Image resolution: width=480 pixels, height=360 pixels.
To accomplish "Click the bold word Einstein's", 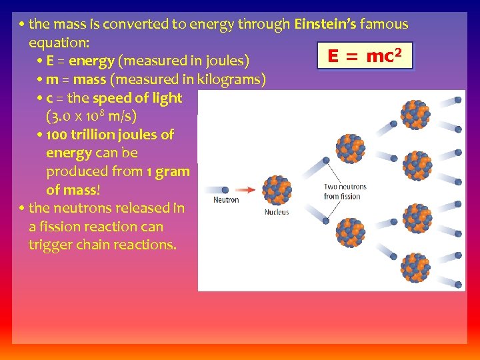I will (x=325, y=25).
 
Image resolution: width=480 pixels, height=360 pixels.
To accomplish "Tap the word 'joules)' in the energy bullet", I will (x=227, y=61).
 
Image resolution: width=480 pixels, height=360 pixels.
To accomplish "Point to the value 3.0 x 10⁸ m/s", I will (x=91, y=117).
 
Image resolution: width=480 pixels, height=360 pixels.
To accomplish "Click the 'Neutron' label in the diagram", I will (x=226, y=200).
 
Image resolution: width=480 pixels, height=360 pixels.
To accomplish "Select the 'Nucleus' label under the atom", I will (x=277, y=212).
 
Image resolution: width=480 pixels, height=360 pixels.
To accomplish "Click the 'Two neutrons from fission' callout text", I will (x=345, y=192).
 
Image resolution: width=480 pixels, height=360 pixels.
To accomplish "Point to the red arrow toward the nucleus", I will (x=249, y=190).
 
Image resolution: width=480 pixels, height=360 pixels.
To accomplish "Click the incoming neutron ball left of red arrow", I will (x=225, y=190).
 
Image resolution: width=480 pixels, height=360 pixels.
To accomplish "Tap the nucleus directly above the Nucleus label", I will (x=277, y=190).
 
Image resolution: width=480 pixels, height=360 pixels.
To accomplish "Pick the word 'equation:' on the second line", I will (x=57, y=43).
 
